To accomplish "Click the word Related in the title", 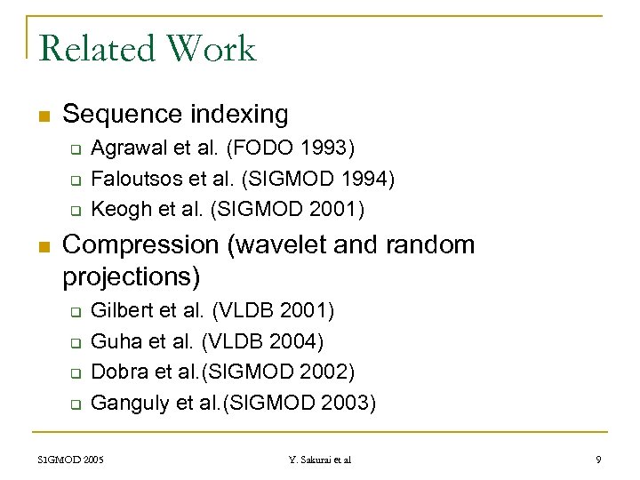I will pyautogui.click(x=95, y=48).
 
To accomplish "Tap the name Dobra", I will pyautogui.click(x=116, y=372).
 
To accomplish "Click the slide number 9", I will pyautogui.click(x=598, y=460).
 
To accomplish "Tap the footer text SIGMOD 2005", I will pyautogui.click(x=70, y=460).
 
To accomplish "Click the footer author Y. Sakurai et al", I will pyautogui.click(x=320, y=460).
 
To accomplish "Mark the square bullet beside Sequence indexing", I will pyautogui.click(x=44, y=116).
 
